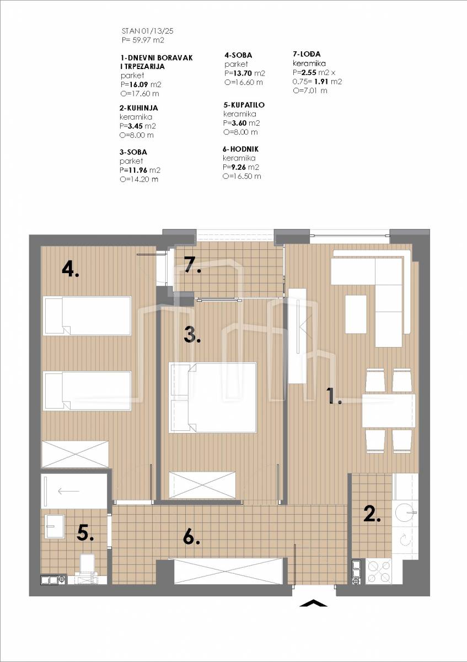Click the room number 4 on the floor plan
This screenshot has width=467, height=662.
click(x=71, y=270)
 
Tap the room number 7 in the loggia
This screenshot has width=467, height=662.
click(x=192, y=264)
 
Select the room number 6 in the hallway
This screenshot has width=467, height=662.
click(x=191, y=537)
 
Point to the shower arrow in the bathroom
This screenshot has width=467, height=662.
click(x=68, y=491)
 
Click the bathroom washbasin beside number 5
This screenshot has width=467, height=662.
click(x=55, y=526)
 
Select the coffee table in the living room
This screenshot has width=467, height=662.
click(x=356, y=314)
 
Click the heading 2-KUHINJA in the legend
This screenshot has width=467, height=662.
click(x=138, y=108)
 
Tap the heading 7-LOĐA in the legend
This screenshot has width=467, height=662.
click(x=307, y=54)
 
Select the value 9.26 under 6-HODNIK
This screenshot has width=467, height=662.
click(x=238, y=167)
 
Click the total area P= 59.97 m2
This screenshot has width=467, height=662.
click(x=143, y=40)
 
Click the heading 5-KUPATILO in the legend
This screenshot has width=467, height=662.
click(x=244, y=105)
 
